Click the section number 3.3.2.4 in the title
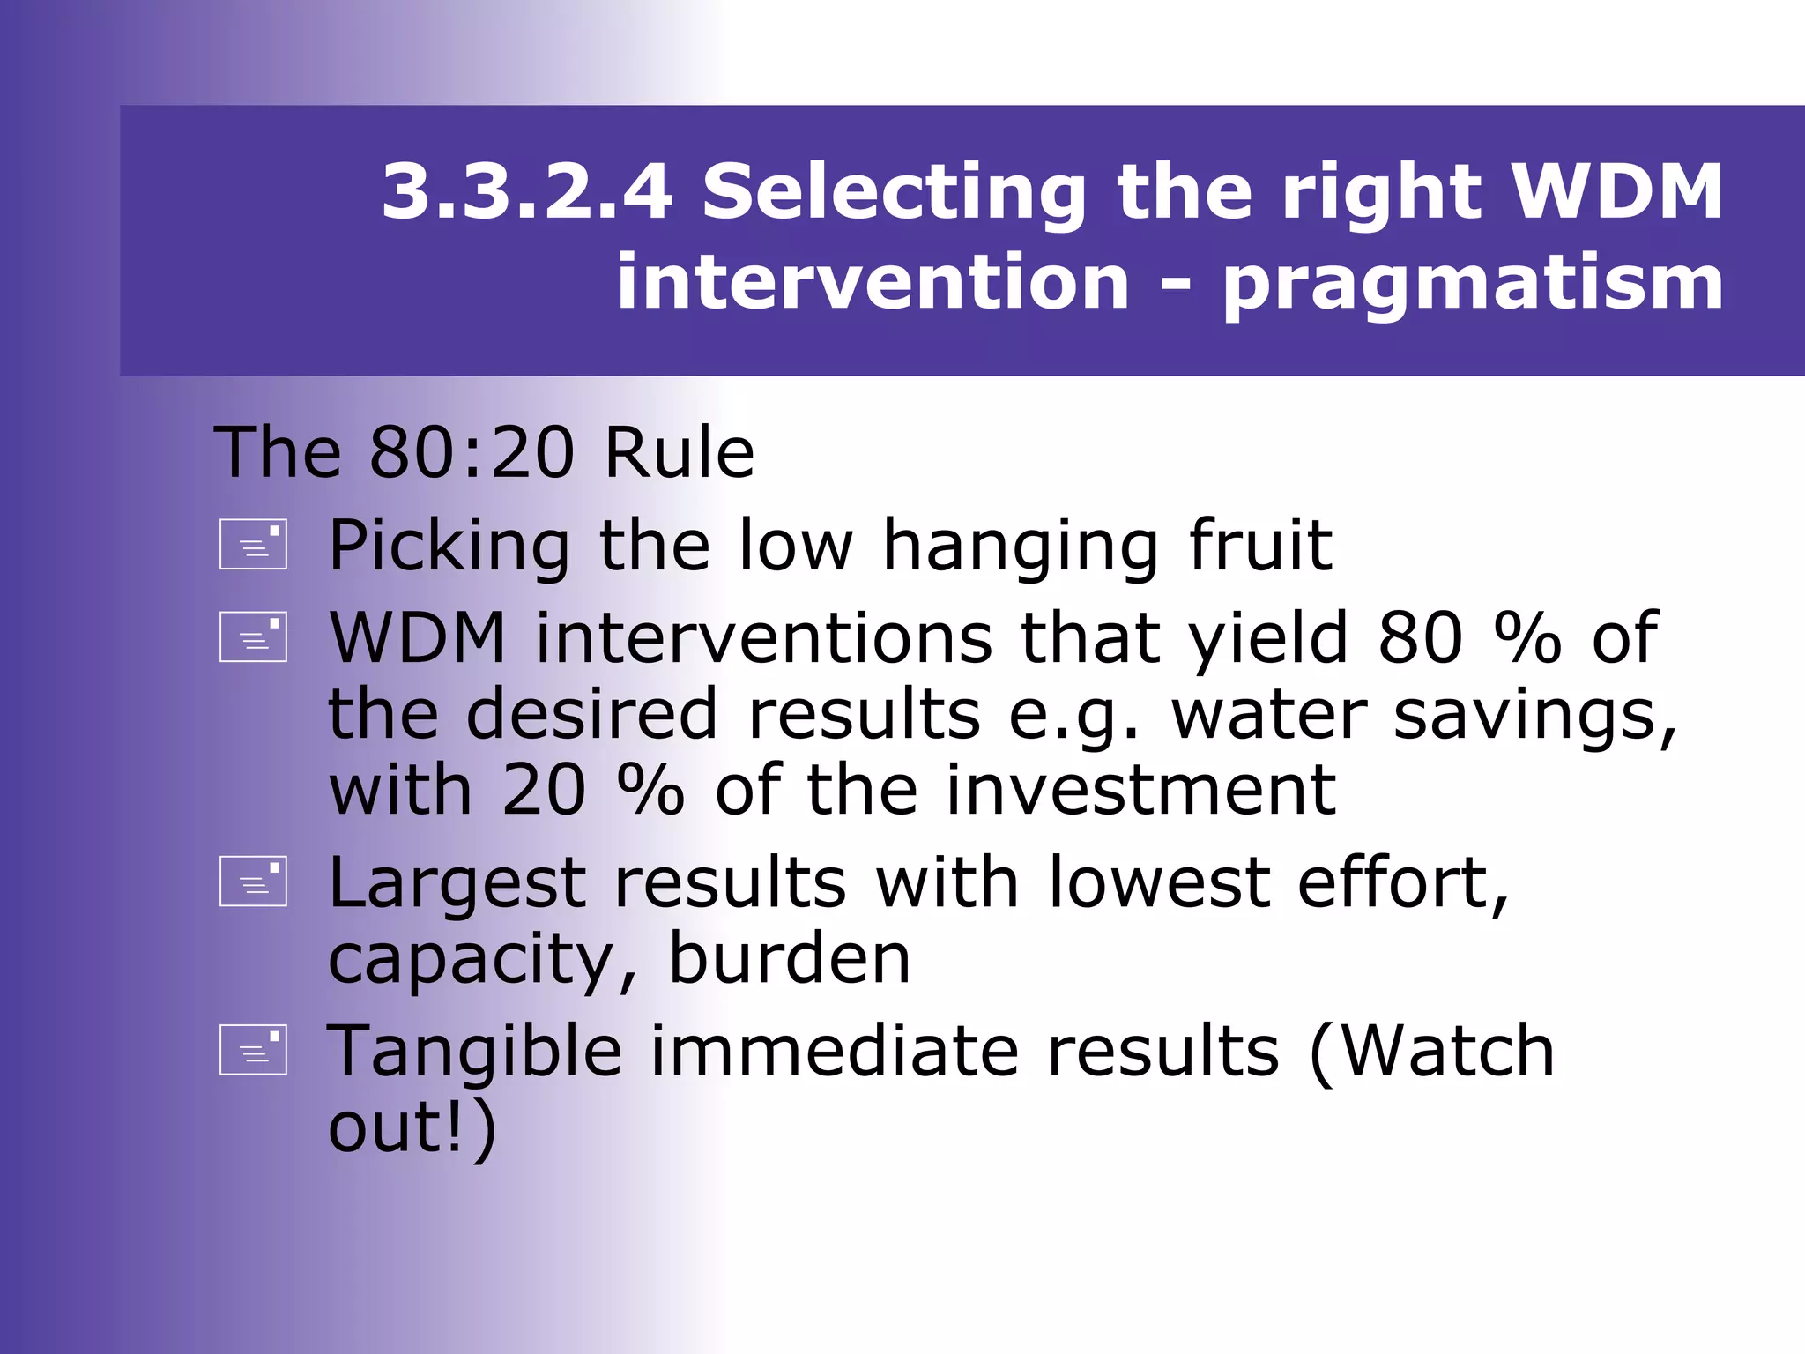pyautogui.click(x=526, y=191)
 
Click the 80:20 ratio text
pyautogui.click(x=472, y=452)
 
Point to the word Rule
pyautogui.click(x=679, y=452)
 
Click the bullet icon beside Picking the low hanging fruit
pyautogui.click(x=254, y=544)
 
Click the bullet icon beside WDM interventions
pyautogui.click(x=254, y=636)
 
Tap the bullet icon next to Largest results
pyautogui.click(x=254, y=882)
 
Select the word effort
pyautogui.click(x=1402, y=882)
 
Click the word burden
pyautogui.click(x=789, y=958)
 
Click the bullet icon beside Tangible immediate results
pyautogui.click(x=254, y=1051)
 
